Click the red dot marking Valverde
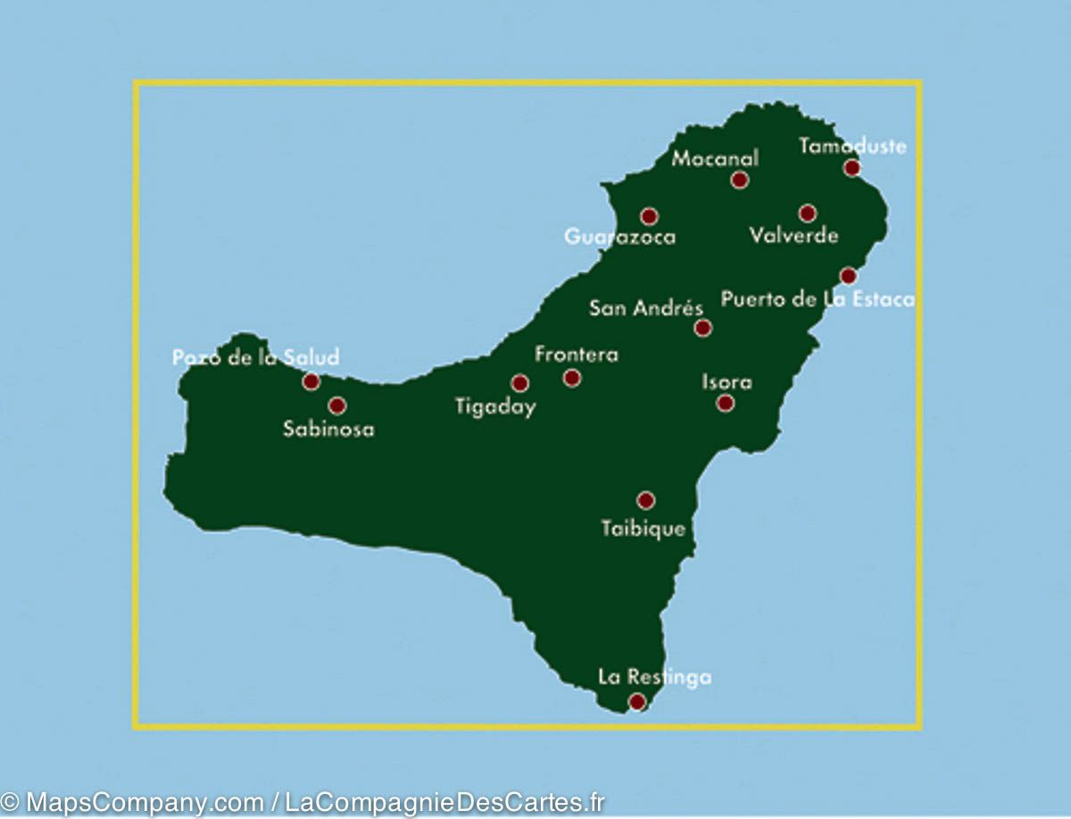pyautogui.click(x=807, y=213)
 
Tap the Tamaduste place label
pyautogui.click(x=852, y=146)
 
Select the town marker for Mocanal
pyautogui.click(x=739, y=180)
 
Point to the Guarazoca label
pyautogui.click(x=619, y=238)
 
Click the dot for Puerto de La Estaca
pyautogui.click(x=848, y=276)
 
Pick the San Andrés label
pyautogui.click(x=646, y=309)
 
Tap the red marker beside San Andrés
pyautogui.click(x=703, y=328)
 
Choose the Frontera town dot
pyautogui.click(x=572, y=378)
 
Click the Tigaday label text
pyautogui.click(x=495, y=407)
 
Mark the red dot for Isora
pyautogui.click(x=726, y=403)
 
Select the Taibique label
pyautogui.click(x=643, y=529)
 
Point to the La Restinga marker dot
pyautogui.click(x=636, y=701)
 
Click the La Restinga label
pyautogui.click(x=654, y=677)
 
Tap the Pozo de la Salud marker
pyautogui.click(x=311, y=381)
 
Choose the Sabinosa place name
pyautogui.click(x=328, y=430)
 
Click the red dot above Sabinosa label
pyautogui.click(x=336, y=405)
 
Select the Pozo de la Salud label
pyautogui.click(x=256, y=358)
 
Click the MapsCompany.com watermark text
pyautogui.click(x=144, y=802)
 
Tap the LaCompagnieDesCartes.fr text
pyautogui.click(x=444, y=802)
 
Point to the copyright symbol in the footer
pyautogui.click(x=10, y=802)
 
